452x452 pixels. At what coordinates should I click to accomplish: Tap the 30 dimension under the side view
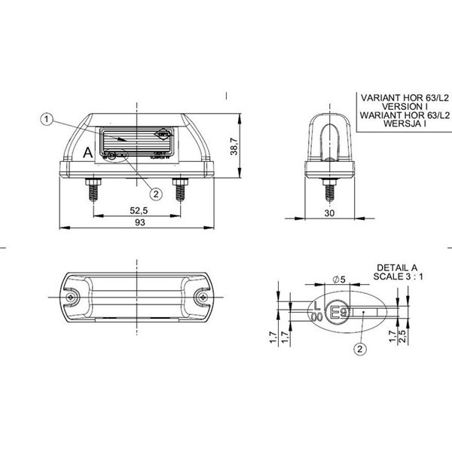click(x=329, y=214)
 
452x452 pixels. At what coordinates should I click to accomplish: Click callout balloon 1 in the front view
click(x=47, y=119)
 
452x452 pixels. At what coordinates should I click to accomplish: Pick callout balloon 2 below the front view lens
click(x=156, y=194)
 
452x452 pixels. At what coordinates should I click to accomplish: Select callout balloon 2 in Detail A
click(x=360, y=348)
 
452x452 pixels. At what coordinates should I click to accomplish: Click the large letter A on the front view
click(x=87, y=152)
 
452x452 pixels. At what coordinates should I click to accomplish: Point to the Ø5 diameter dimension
click(x=339, y=280)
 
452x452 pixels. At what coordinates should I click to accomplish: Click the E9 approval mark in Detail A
click(x=341, y=310)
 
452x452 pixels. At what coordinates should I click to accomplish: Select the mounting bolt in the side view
click(x=329, y=189)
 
